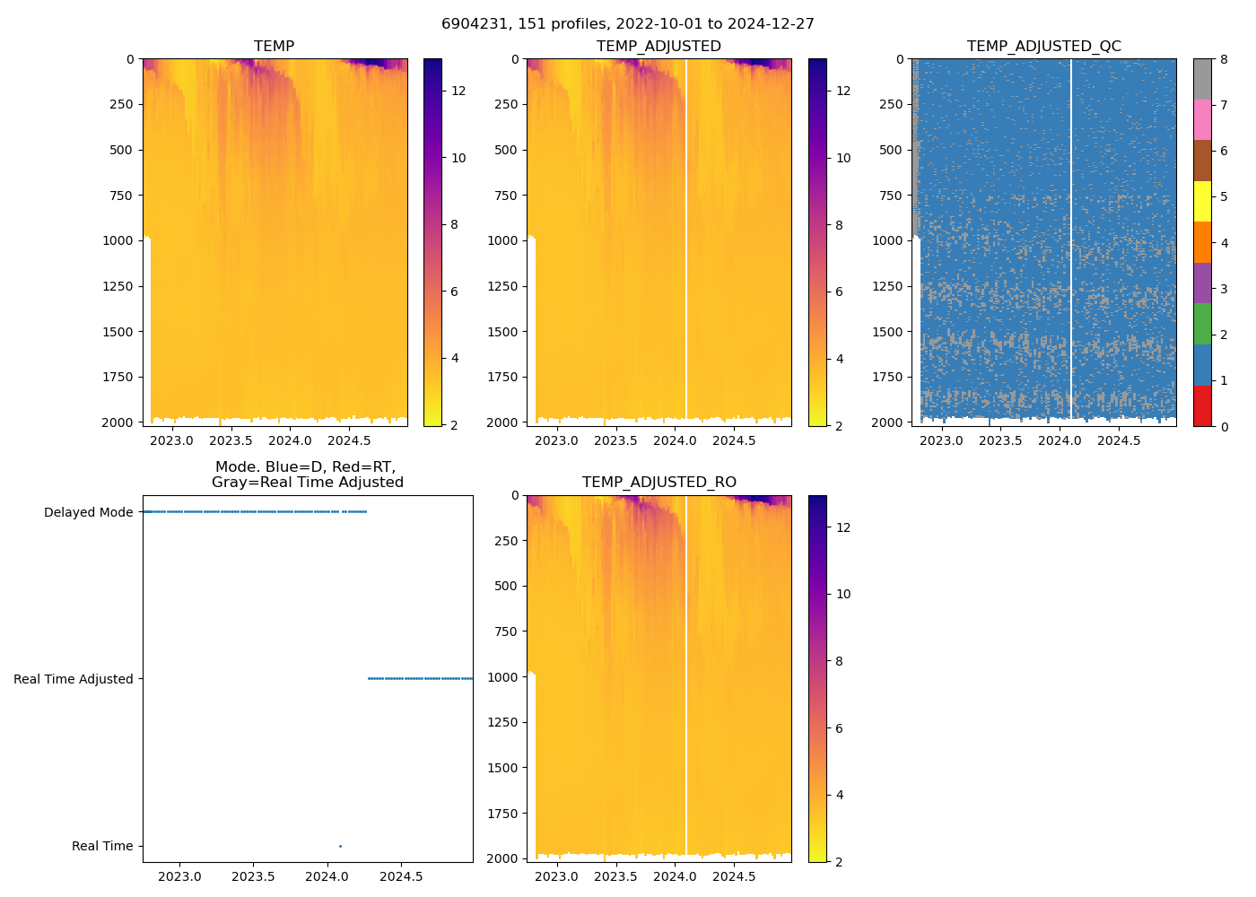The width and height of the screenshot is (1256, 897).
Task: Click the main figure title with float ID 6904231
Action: (628, 24)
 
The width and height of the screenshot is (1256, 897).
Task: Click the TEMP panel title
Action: (274, 47)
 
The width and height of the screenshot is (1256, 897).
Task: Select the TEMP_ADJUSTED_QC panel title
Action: (1043, 47)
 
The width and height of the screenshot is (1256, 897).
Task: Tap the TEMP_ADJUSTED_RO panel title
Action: (659, 483)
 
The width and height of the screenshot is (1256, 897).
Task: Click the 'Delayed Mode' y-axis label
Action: (88, 512)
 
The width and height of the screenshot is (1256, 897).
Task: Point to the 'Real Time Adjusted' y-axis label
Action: (73, 679)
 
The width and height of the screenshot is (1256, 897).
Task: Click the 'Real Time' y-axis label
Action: (102, 846)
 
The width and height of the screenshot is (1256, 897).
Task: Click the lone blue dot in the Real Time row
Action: (340, 846)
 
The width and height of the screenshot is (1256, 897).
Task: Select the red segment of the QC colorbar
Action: (1202, 406)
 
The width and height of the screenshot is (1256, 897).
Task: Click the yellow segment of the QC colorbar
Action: (1202, 201)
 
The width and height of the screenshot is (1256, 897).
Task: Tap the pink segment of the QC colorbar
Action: (1202, 119)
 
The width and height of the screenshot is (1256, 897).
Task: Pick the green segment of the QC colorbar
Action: (1202, 324)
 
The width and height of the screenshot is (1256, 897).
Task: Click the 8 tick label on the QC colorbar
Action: (1224, 59)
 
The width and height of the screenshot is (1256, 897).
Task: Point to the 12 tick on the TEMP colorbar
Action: (458, 91)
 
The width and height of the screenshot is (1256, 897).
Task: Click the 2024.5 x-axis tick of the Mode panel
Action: (400, 876)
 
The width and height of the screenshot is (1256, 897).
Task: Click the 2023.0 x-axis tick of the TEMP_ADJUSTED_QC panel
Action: (941, 440)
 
